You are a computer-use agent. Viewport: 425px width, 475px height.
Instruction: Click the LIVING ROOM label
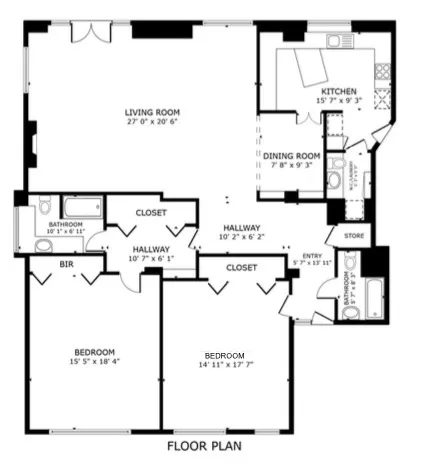[x=152, y=111]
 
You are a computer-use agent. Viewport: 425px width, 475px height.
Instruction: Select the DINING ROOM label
[x=291, y=155]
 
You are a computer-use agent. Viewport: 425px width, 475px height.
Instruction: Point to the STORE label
[x=354, y=236]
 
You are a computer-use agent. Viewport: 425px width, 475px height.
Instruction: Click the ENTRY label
[x=312, y=256]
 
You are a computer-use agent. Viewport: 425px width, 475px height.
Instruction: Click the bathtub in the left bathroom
[x=81, y=208]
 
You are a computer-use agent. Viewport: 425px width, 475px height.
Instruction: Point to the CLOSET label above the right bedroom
[x=241, y=268]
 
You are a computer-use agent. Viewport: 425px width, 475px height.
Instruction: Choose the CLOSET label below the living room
[x=151, y=212]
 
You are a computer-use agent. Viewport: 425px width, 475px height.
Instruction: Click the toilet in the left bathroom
[x=42, y=206]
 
